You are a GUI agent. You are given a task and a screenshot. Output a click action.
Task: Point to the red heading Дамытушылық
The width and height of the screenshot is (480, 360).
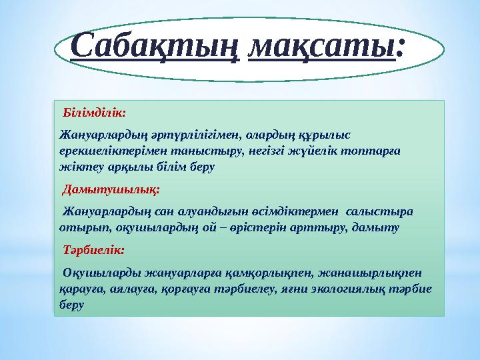click(111, 189)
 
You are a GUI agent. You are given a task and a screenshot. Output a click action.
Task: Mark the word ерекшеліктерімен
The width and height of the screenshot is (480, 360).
click(104, 152)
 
